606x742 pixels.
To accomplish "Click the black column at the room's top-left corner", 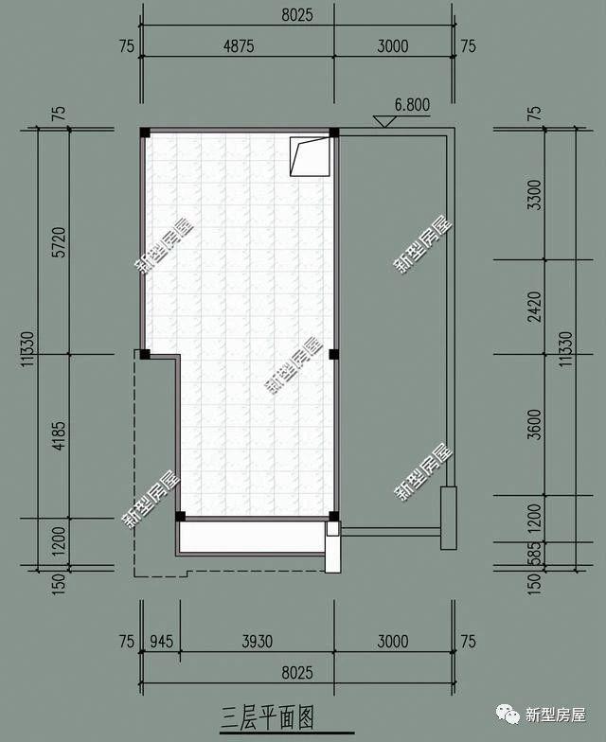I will [x=145, y=132].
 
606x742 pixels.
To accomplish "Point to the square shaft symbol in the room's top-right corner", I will [x=311, y=156].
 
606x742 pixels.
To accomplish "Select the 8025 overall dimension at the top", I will [x=296, y=15].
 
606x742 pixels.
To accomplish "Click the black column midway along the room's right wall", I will [x=333, y=355].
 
